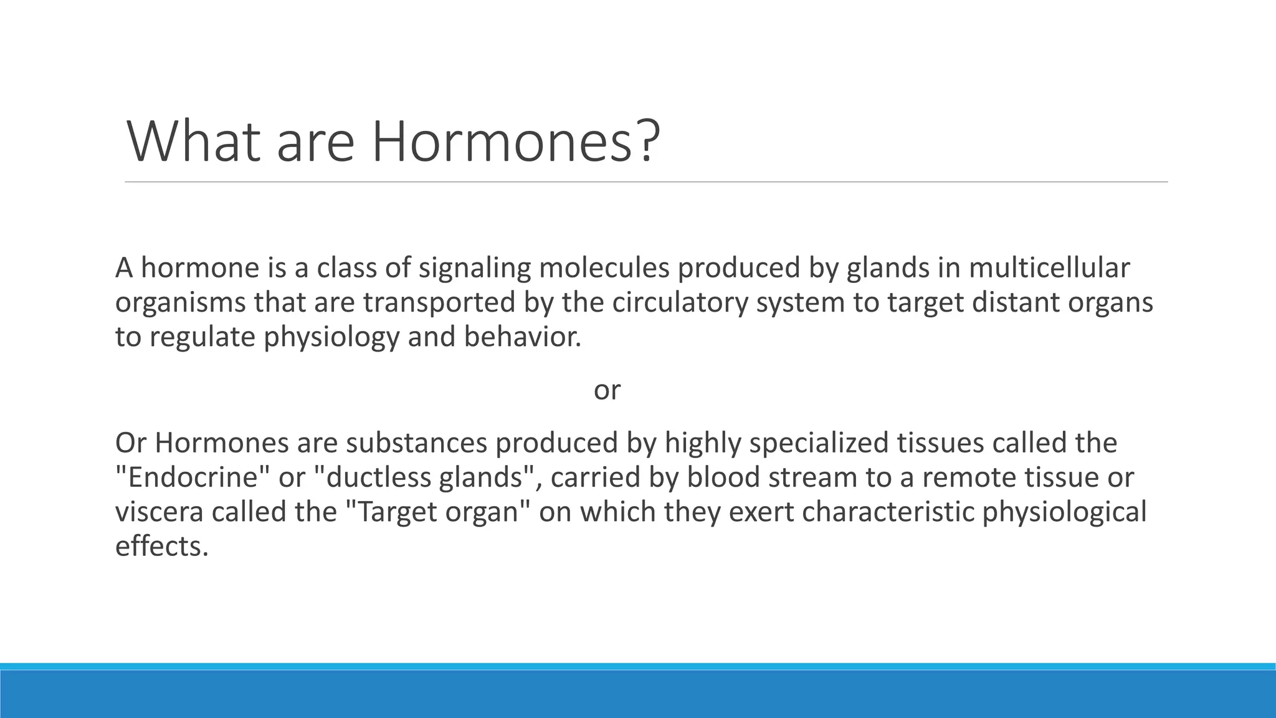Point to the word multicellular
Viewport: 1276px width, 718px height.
click(1049, 269)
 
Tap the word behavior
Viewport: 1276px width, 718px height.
click(522, 337)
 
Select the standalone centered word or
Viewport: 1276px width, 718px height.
click(607, 390)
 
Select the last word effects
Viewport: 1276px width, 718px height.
click(161, 547)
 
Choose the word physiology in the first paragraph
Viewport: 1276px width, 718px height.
click(331, 337)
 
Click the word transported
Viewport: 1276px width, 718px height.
click(439, 303)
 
